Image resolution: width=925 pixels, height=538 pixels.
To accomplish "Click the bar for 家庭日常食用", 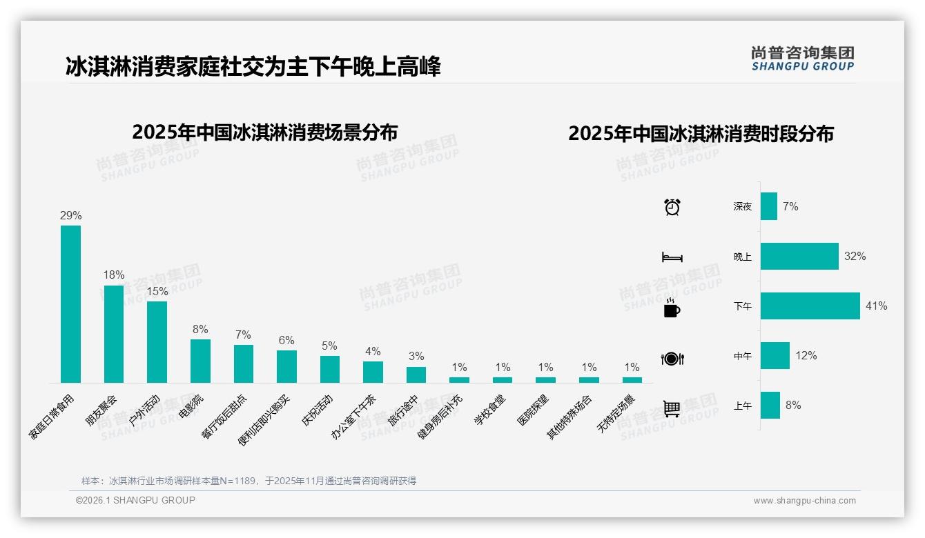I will (70, 303).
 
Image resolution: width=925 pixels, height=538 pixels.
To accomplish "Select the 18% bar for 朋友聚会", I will (114, 334).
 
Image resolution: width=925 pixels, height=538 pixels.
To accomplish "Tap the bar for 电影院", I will (200, 361).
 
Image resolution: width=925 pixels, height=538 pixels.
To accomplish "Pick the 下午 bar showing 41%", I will (810, 306).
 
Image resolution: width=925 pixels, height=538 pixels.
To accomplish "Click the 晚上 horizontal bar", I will (799, 256).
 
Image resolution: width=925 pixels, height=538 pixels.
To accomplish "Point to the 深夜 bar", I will (769, 206).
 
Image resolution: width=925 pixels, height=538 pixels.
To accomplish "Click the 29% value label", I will (70, 215).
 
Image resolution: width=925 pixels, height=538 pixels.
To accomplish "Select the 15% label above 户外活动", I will (157, 291).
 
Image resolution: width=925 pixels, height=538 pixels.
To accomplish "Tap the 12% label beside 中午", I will (806, 355).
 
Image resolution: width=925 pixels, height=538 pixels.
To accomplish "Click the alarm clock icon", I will (672, 206).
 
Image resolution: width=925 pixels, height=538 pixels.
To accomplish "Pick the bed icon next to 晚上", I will (672, 257).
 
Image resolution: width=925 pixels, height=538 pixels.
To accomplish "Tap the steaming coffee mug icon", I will (672, 308).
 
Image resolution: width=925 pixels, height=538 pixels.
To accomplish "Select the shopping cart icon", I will (672, 408).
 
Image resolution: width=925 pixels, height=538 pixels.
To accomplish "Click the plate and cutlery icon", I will (672, 358).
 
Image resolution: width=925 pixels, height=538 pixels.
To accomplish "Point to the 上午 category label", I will (743, 406).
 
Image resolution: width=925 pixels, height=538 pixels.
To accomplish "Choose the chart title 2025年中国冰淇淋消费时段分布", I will (701, 133).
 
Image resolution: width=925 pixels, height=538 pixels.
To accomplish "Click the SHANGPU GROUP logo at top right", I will (803, 59).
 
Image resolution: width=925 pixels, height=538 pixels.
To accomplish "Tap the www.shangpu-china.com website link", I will (804, 501).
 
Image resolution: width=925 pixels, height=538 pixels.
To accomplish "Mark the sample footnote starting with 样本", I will (249, 481).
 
